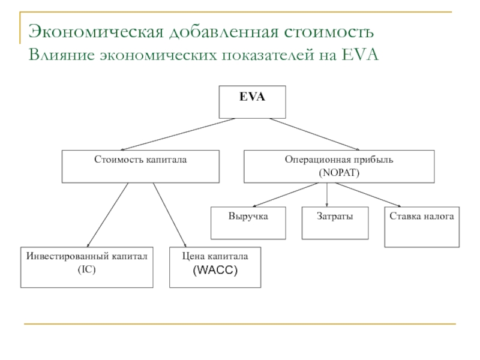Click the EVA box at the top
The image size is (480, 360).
coord(252,102)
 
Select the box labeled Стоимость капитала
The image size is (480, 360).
coord(140,166)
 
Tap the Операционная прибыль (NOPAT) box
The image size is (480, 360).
coord(338,166)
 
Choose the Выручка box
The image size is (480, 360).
coord(248,223)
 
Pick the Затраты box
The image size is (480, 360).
coord(334,223)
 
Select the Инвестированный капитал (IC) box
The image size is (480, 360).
coord(86,266)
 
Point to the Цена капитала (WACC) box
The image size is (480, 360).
coord(215,266)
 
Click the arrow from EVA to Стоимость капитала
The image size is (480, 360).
coord(175,134)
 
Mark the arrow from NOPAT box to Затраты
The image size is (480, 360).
coord(327,195)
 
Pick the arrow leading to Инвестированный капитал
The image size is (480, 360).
coord(108,214)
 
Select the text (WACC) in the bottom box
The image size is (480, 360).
coord(215,272)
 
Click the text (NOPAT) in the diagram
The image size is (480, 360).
coord(339,172)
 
